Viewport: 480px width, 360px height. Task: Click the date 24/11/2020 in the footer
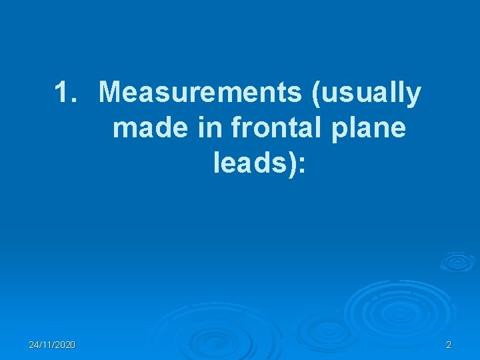point(52,345)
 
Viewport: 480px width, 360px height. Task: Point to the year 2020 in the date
point(65,345)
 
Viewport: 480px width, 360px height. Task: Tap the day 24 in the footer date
point(34,345)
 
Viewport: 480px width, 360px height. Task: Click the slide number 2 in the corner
point(448,345)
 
